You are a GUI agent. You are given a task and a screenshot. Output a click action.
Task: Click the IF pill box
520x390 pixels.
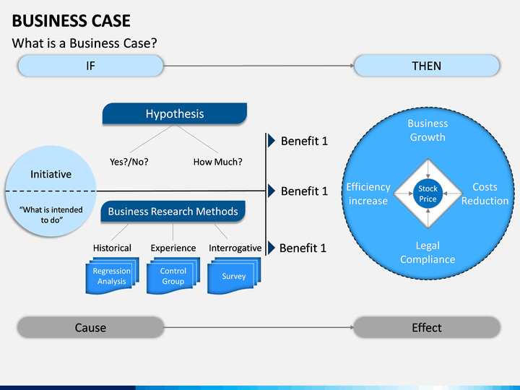(x=90, y=66)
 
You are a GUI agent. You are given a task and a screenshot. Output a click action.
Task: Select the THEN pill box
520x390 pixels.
(x=427, y=66)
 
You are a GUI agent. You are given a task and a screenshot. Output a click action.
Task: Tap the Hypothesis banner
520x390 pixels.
(x=175, y=114)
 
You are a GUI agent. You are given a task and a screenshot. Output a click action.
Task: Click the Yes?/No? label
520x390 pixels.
(x=129, y=162)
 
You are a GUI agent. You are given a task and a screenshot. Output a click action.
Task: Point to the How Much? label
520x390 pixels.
(x=218, y=162)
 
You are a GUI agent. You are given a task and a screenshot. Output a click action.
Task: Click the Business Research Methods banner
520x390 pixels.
(x=173, y=211)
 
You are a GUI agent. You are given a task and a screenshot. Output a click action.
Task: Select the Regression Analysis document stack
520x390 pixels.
(x=112, y=276)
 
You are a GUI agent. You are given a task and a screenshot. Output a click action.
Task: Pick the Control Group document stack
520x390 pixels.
(x=173, y=276)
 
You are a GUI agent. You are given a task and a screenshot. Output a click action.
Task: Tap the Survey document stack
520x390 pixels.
(x=234, y=276)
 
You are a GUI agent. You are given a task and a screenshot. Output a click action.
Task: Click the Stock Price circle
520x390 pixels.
(x=428, y=194)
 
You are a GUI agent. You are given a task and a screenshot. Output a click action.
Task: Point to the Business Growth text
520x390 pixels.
(x=428, y=130)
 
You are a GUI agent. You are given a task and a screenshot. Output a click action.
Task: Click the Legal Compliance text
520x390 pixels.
(x=428, y=252)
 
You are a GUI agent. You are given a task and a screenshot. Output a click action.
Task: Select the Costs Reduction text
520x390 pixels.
(x=485, y=194)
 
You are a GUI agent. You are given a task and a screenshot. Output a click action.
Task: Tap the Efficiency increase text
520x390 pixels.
(x=368, y=194)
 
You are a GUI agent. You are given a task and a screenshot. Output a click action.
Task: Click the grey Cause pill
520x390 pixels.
(x=90, y=327)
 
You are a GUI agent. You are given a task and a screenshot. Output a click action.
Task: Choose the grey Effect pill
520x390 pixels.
(x=427, y=327)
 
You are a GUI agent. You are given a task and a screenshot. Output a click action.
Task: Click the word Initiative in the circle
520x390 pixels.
(x=51, y=174)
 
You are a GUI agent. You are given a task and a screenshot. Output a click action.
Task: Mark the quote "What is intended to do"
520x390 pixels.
(x=51, y=214)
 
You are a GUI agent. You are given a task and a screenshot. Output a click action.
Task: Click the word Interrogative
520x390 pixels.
(x=235, y=248)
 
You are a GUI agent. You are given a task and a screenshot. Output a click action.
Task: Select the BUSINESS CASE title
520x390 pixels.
(x=71, y=20)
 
